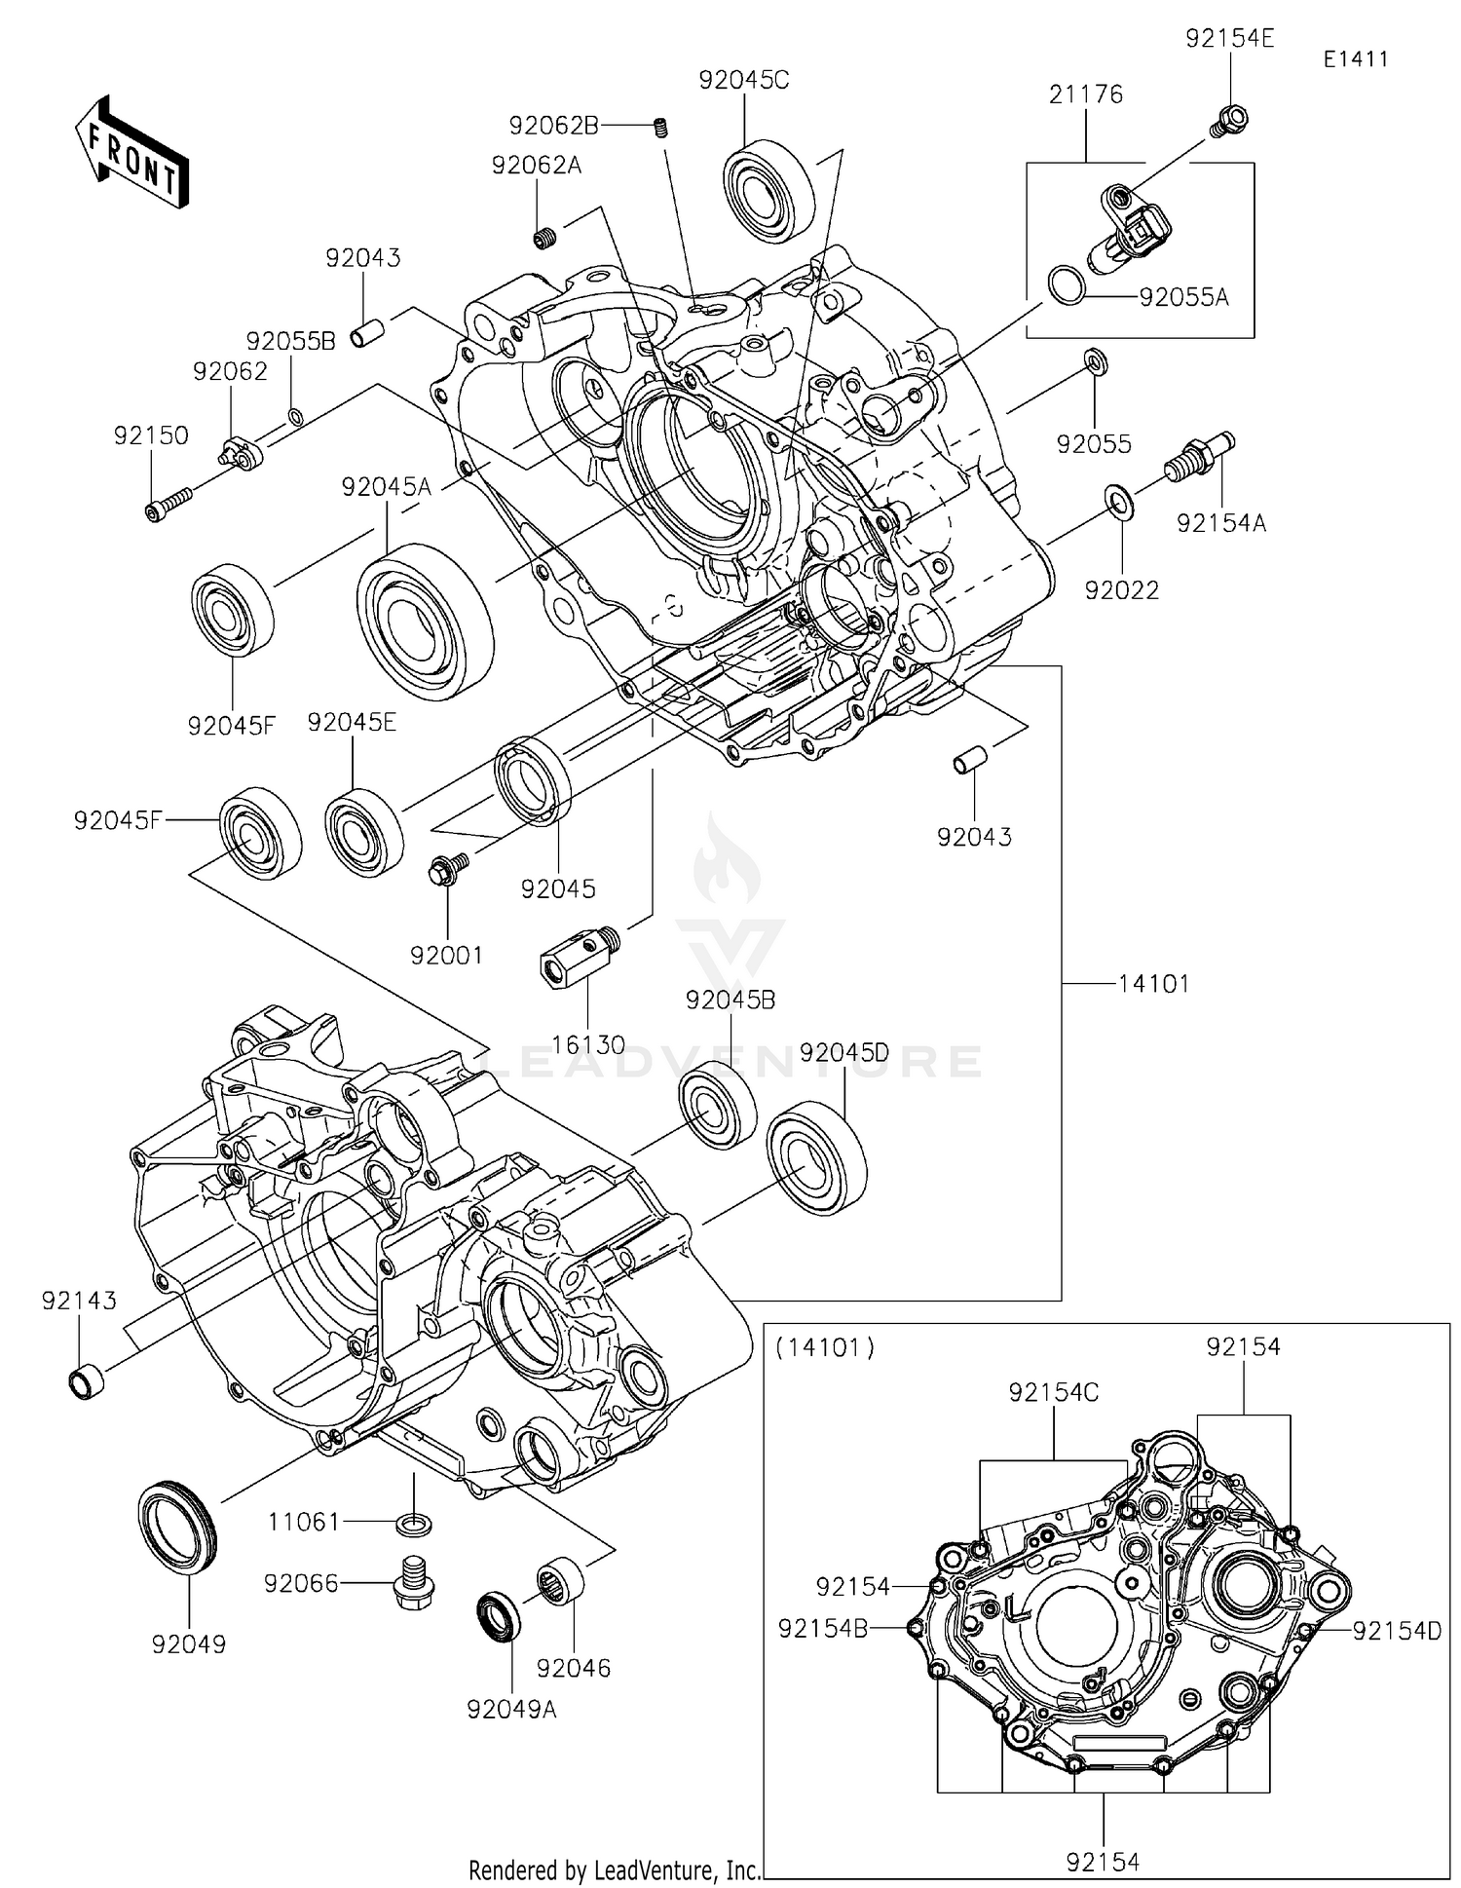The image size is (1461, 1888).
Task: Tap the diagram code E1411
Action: point(1356,58)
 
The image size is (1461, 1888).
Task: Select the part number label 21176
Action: point(1086,94)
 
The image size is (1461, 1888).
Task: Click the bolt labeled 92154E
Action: point(1230,121)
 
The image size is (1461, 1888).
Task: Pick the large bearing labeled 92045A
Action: point(426,621)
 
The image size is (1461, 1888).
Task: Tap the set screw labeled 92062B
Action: point(660,127)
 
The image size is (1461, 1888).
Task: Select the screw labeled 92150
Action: point(168,506)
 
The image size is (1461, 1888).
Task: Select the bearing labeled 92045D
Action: point(816,1157)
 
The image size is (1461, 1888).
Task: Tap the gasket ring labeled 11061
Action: point(415,1522)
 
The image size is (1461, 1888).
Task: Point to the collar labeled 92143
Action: point(87,1381)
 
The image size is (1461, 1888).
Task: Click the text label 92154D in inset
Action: point(1396,1630)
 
